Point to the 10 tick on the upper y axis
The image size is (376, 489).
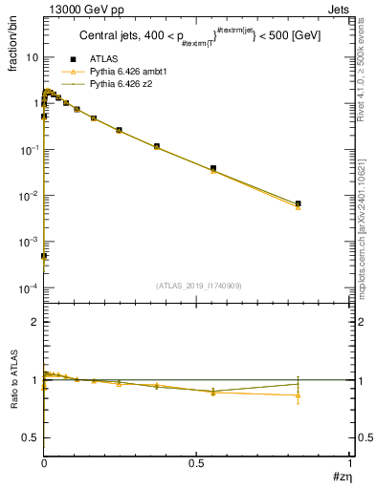31,57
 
